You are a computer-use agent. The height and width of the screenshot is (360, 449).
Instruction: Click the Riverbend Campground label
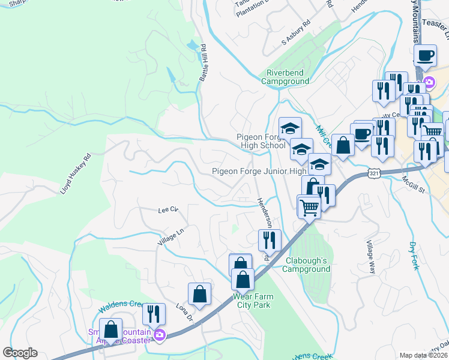[286, 77]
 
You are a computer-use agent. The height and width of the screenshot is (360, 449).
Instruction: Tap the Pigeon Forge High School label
[259, 142]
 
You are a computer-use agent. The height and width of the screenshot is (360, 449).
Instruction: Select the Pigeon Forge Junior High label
[259, 171]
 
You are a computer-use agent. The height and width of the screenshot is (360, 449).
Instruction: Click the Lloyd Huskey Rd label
[74, 174]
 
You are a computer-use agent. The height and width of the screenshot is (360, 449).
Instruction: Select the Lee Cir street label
[168, 210]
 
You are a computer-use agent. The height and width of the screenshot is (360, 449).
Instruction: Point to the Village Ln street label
[170, 239]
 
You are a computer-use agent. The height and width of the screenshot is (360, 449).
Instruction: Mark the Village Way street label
[371, 258]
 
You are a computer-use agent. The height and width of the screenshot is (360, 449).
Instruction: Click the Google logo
[20, 353]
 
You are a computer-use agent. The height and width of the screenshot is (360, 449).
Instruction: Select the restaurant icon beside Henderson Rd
[270, 240]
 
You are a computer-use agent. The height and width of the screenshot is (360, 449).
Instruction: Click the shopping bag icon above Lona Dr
[200, 294]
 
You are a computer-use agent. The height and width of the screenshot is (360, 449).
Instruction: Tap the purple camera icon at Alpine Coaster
[159, 335]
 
